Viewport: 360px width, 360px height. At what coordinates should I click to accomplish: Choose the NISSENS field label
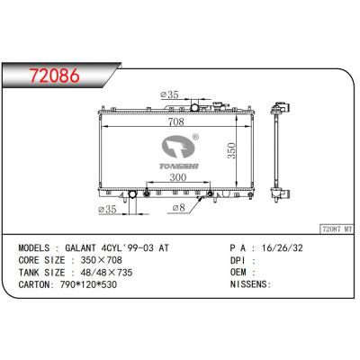251,283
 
